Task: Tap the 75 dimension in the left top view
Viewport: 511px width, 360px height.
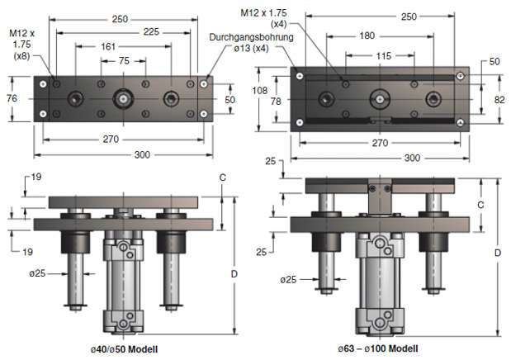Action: coord(123,62)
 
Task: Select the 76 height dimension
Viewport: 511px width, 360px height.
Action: coord(12,98)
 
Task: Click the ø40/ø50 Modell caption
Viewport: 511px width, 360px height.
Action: coord(125,348)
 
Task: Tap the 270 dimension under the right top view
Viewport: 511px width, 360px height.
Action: coord(380,142)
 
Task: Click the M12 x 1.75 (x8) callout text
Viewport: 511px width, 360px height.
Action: coord(22,45)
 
